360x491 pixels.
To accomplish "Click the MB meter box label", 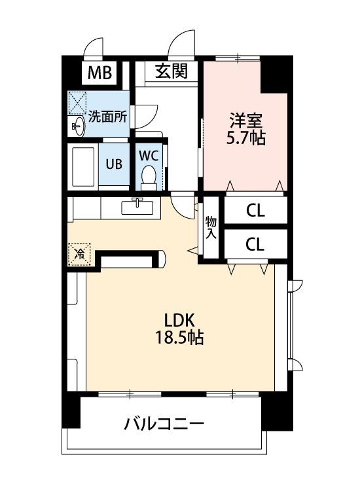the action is coord(99,73).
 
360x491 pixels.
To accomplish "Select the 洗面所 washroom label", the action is coord(107,117).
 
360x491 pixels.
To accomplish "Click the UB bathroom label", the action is coord(114,164).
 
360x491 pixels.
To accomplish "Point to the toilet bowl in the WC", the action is coord(149,177).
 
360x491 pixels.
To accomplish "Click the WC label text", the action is coord(149,156).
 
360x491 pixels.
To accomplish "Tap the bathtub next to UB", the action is coord(83,166).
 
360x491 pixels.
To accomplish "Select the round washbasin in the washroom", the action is coord(78,126).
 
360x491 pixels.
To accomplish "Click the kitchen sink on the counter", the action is coord(137,207).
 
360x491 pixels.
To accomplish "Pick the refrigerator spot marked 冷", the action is coord(79,254).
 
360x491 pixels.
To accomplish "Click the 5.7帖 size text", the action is coord(246,137).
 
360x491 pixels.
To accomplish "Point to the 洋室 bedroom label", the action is coord(246,120).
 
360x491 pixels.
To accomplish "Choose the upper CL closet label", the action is coord(255,211).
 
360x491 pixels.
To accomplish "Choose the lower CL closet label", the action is coord(255,244).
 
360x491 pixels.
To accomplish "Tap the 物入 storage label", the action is coord(211,228).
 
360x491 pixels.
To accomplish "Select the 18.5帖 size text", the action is coord(180,338).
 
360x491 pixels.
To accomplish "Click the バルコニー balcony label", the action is coord(164,424).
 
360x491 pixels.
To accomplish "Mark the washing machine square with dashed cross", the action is coord(77,103).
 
